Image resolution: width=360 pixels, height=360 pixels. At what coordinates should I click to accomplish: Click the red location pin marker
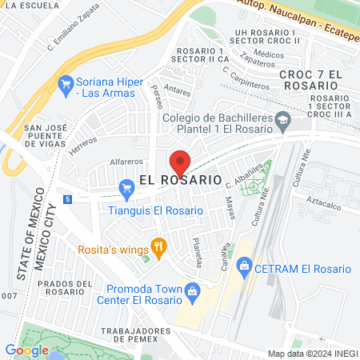click(x=180, y=162)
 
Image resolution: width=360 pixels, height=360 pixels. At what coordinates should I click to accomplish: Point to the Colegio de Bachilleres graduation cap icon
click(x=282, y=122)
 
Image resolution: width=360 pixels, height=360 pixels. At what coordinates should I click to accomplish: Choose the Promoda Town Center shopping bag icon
click(x=192, y=291)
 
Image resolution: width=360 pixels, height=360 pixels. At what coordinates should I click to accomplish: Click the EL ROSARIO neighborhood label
click(x=180, y=181)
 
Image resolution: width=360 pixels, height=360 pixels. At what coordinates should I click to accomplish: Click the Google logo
click(x=26, y=350)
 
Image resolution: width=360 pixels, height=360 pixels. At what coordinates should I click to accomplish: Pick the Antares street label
click(x=176, y=90)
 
